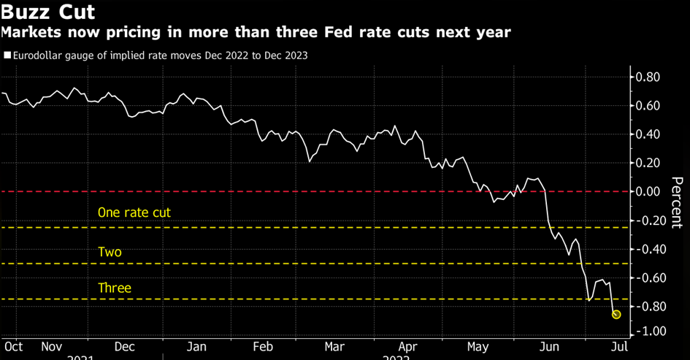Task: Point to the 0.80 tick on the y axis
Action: click(x=649, y=77)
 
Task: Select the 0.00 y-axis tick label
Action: click(x=649, y=192)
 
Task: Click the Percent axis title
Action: click(x=677, y=203)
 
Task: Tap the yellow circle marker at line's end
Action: click(x=616, y=314)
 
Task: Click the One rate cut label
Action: click(x=134, y=212)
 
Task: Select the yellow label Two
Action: click(x=110, y=252)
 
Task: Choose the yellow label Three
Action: click(x=115, y=288)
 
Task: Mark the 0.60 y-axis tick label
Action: click(x=649, y=107)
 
